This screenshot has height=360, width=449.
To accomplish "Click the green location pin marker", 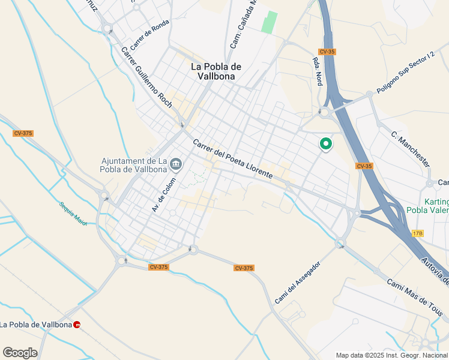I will click(326, 144).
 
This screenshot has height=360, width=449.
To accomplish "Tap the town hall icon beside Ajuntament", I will click(176, 163).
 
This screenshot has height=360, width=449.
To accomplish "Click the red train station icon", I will click(77, 325).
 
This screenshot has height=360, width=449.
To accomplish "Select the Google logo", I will click(20, 353).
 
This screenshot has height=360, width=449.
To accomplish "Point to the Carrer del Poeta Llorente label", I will click(233, 158).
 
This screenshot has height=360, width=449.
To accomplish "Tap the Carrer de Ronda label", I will click(150, 34).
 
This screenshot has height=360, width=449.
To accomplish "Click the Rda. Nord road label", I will click(315, 71).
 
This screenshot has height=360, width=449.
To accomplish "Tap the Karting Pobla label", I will click(427, 206).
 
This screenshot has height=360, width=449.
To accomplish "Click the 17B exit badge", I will click(418, 233).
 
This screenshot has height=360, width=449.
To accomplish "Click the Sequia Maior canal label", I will click(73, 214).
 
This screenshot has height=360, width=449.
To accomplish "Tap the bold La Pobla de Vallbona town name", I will click(216, 71).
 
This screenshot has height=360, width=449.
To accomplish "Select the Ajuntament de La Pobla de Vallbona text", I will click(133, 165).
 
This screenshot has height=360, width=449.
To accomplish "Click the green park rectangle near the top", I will click(270, 22).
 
